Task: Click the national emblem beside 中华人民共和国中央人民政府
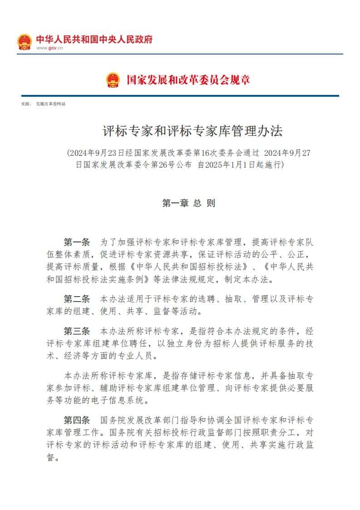[x=25, y=42]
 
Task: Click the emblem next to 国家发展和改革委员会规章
[x=113, y=80]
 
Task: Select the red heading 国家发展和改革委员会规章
[x=188, y=80]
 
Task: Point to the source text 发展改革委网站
[x=51, y=104]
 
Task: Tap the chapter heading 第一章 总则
[x=188, y=203]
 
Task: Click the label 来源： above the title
[x=26, y=104]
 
